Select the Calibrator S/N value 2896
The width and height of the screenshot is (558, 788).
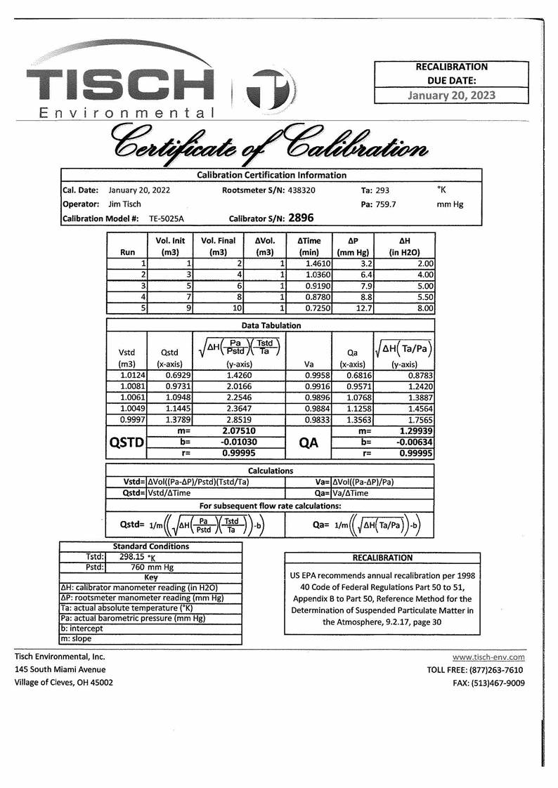click(x=301, y=218)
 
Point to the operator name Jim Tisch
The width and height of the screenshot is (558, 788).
click(x=124, y=204)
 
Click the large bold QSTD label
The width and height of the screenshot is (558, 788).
click(x=126, y=442)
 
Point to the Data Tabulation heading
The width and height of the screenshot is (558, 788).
click(x=271, y=325)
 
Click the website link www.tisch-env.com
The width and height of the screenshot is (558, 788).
click(x=488, y=657)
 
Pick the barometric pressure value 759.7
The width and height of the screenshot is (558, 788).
click(x=384, y=204)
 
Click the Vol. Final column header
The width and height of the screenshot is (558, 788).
click(x=218, y=246)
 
